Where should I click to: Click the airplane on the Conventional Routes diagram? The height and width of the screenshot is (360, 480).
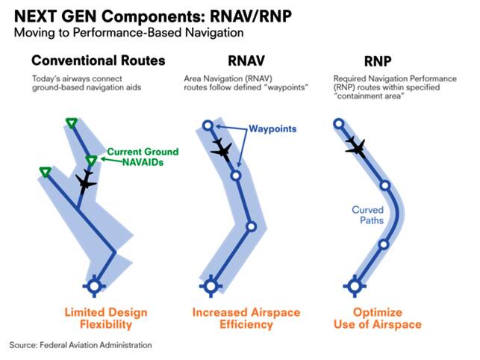tap(87, 181)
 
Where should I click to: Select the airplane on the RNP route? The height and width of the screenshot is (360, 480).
tap(355, 148)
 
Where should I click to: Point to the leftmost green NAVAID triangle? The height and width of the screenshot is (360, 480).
tap(45, 173)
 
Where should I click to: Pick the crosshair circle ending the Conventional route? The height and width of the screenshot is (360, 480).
tap(93, 285)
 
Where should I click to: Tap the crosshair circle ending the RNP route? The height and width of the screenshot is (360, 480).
tap(355, 285)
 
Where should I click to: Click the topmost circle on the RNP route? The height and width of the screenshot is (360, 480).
tap(338, 124)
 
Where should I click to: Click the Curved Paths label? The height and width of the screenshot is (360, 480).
tap(367, 215)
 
